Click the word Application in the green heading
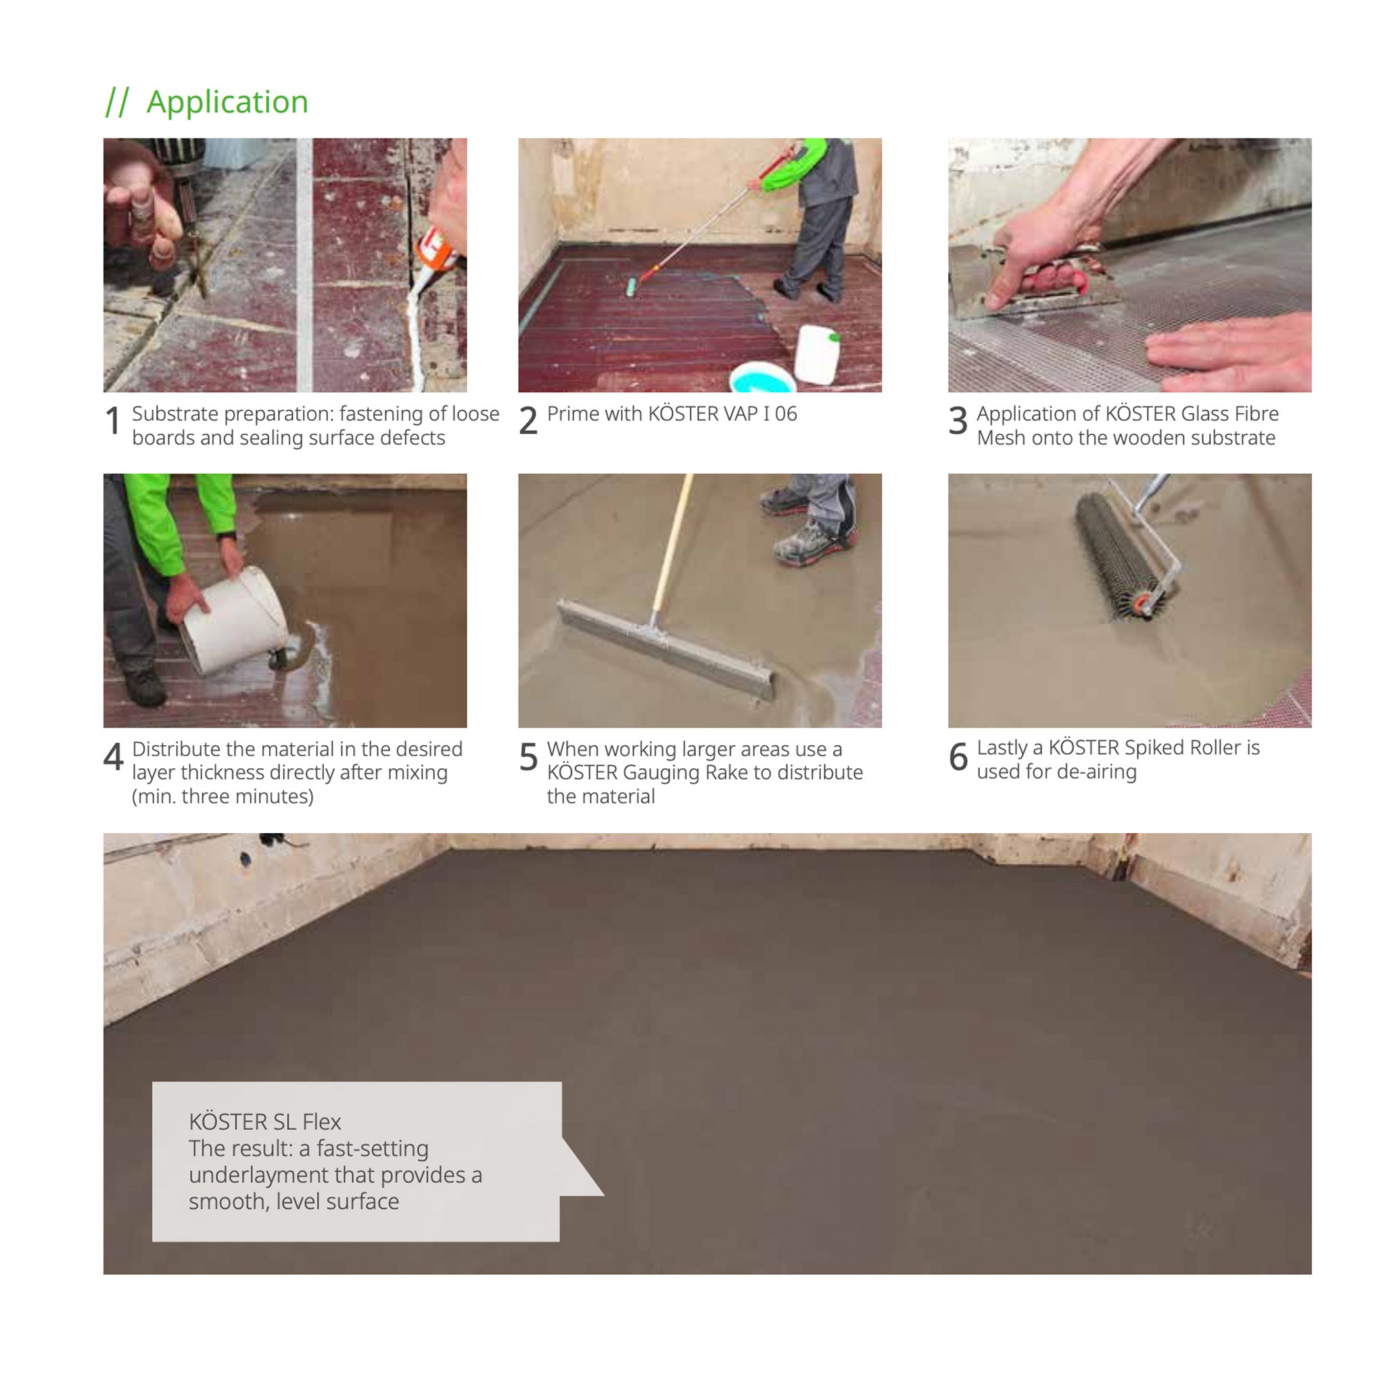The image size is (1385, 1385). click(x=227, y=102)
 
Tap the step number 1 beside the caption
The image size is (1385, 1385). click(x=112, y=420)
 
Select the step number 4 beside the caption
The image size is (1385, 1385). click(x=113, y=755)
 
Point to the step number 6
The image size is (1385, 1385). click(x=958, y=756)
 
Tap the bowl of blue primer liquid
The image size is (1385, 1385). click(x=761, y=378)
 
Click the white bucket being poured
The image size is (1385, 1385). click(x=234, y=619)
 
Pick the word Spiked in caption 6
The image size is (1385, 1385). click(x=1154, y=749)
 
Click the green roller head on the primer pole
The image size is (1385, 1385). click(x=631, y=287)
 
